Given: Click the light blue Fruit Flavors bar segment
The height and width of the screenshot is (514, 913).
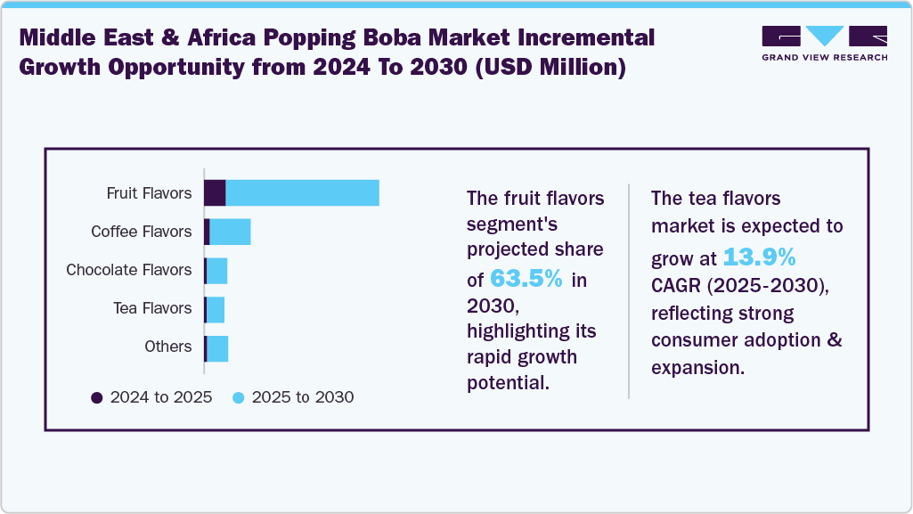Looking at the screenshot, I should coord(302,192).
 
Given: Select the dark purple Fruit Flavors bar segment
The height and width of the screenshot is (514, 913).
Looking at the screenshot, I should coord(215,192).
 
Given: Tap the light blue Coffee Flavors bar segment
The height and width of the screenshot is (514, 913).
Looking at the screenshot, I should coord(230,232).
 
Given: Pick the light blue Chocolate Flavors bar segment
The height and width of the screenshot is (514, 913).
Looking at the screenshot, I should coord(216,270).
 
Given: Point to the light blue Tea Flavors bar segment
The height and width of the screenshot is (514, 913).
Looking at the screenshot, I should coord(215,308).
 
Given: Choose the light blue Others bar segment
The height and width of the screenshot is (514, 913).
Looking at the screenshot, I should coord(217,347).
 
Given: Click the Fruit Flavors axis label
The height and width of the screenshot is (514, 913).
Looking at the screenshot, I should coord(149,193).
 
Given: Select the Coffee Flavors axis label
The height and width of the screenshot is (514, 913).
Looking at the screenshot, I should coord(141,232).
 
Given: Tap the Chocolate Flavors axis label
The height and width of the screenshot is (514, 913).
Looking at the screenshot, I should coord(128,270).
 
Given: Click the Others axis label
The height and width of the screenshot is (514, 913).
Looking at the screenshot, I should coord(167,347).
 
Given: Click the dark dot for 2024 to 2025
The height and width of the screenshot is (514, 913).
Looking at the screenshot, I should coord(97,397).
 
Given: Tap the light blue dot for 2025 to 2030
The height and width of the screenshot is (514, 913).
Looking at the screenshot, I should coord(239,397).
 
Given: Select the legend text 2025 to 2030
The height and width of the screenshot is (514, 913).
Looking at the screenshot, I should coord(303,397).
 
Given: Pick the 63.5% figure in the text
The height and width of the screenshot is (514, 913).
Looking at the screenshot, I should coord(526,279).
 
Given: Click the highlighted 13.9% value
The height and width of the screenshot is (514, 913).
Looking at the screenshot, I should coord(758,258).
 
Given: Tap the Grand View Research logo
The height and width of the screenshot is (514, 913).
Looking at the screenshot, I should coord(824,43).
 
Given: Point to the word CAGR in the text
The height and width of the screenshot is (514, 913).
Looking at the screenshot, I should coord(675,287).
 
